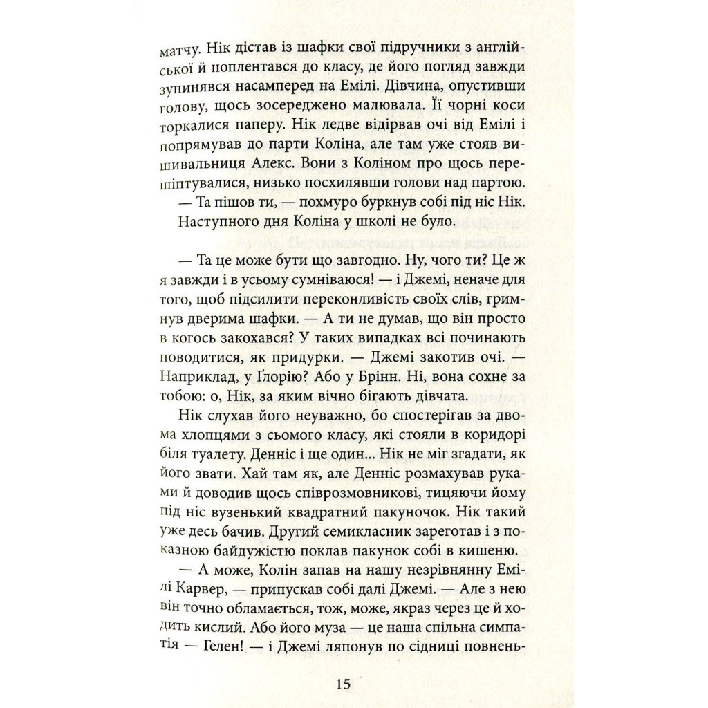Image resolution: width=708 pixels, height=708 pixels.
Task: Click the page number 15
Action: point(344,684)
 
